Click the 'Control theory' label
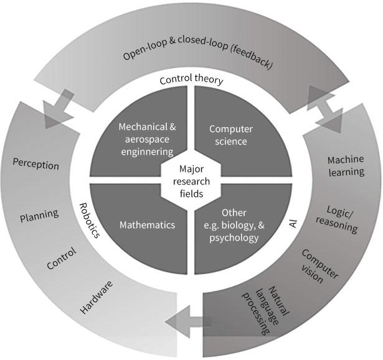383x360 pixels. pos(191,80)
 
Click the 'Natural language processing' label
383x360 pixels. pos(262,305)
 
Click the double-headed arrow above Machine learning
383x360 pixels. pos(324,108)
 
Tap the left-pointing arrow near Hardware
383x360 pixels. pos(188,321)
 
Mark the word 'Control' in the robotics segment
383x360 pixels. pos(62,258)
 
